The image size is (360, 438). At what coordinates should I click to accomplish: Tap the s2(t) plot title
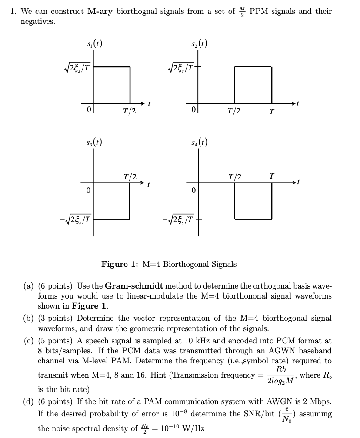point(198,43)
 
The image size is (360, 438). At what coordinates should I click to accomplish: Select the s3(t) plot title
point(94,142)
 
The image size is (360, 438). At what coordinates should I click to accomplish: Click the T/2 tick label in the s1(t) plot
point(130,111)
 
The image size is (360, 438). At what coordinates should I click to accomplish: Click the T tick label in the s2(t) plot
point(272,112)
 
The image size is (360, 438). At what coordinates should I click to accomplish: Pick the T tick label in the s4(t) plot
point(272,176)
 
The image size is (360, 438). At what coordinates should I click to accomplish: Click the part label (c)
point(29,341)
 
